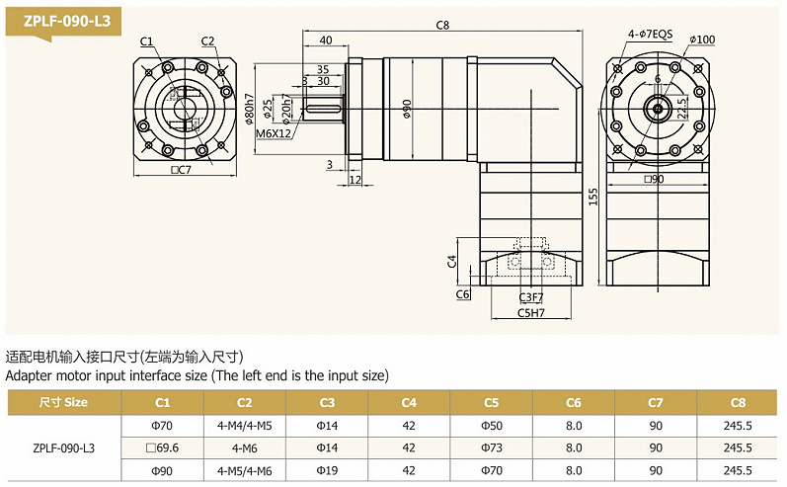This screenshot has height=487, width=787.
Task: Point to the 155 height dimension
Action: point(592,197)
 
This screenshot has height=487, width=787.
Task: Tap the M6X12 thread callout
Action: point(274,132)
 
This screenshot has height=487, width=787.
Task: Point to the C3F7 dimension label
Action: point(531,296)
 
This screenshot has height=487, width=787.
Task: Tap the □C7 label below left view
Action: point(181,171)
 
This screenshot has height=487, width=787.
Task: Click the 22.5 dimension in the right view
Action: point(682,108)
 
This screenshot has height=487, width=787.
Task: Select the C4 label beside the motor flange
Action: point(451,261)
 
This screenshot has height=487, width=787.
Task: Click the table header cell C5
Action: point(491,402)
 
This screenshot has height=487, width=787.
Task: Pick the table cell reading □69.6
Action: point(163,446)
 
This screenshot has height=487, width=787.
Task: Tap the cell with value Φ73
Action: point(491,446)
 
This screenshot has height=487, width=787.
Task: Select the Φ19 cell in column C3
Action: point(327,470)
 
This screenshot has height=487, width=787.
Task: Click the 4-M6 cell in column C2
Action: point(245,446)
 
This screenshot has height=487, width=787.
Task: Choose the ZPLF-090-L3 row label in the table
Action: point(63,446)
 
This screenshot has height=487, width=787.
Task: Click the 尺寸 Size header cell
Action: point(63,402)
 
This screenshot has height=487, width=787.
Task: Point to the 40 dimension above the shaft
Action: point(326,41)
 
